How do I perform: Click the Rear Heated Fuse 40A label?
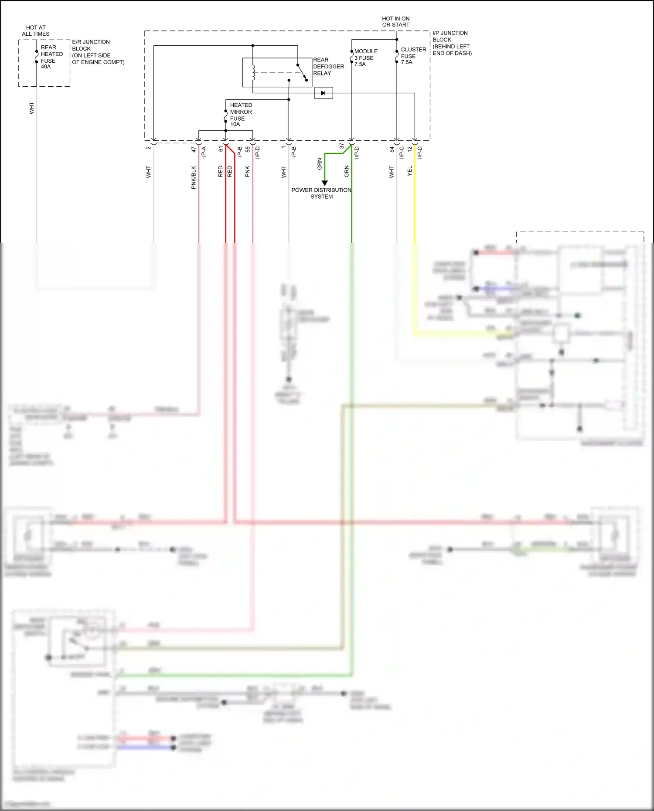coord(51,57)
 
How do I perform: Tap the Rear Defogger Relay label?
coord(328,67)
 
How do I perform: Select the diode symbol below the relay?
coord(323,93)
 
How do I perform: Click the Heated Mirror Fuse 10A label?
coord(240,115)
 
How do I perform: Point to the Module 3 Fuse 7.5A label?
coord(365,58)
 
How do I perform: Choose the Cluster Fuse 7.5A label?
coord(413,56)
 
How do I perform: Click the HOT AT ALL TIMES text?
coord(36,31)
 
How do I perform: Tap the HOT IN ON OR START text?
coord(395,22)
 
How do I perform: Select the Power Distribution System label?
coord(321,193)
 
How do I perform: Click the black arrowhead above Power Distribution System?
coord(324,183)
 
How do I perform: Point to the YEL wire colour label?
coord(410,171)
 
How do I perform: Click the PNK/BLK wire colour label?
coord(194,177)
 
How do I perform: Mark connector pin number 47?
coord(194,149)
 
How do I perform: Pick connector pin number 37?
coord(342,146)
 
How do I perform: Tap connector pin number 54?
coord(392,149)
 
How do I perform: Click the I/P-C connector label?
coord(402,152)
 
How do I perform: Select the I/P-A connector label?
coord(204,152)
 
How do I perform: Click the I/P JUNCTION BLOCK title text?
coord(451,43)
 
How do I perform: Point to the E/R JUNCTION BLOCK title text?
coord(98,52)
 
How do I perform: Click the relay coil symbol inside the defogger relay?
coord(253,72)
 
